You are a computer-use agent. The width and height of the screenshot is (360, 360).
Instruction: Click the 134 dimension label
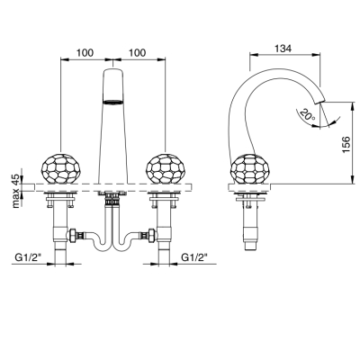pos(283,48)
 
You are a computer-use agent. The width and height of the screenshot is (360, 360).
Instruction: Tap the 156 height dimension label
pos(346,145)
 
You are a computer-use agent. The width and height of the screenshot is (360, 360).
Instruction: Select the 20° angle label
pos(307,115)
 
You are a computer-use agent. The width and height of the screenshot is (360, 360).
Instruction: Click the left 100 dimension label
pos(85,53)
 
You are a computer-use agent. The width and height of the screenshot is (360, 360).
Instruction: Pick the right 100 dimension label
pos(137,53)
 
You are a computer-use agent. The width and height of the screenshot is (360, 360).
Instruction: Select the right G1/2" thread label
pos(194,257)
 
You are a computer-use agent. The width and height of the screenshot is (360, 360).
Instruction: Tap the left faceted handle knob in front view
pos(61,168)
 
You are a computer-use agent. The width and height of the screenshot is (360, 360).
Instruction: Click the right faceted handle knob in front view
pos(165,168)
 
